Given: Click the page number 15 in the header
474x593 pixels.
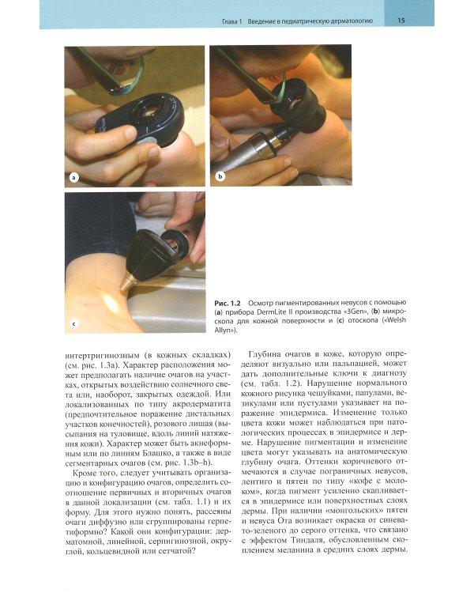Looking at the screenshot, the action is click(x=401, y=21).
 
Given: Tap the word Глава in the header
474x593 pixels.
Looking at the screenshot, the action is click(x=230, y=21).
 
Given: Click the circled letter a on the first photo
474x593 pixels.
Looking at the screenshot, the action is click(x=73, y=177).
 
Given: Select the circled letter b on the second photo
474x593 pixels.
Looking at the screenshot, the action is click(x=220, y=176).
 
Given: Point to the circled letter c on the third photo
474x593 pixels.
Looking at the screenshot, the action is click(x=74, y=323).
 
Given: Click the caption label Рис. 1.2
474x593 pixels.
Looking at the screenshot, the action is click(x=228, y=303).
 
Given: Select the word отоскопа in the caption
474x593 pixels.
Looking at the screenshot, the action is click(x=355, y=321).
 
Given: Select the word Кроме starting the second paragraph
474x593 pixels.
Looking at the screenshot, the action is click(x=84, y=473).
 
